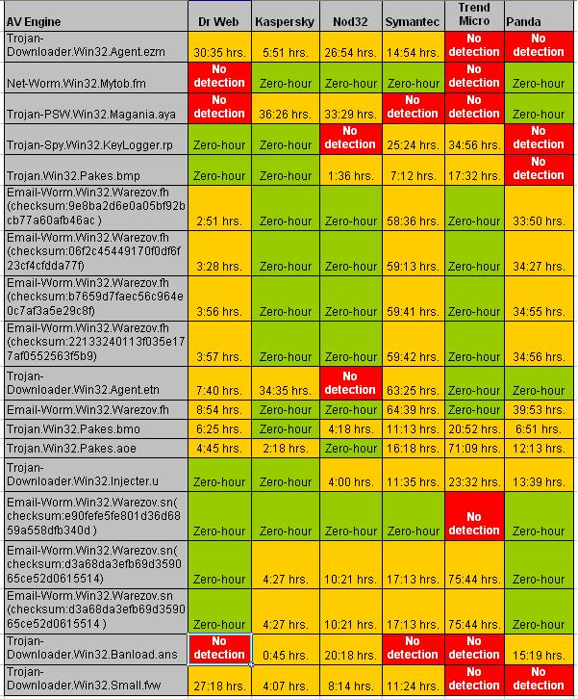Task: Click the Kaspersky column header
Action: pyautogui.click(x=284, y=21)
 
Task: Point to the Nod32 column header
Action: pyautogui.click(x=349, y=21)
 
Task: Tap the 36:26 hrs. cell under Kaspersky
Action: pyautogui.click(x=285, y=115)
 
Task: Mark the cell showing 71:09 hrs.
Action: pyautogui.click(x=474, y=448)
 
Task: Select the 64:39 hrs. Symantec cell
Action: pyautogui.click(x=413, y=409)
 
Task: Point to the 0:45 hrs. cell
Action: pyautogui.click(x=285, y=656)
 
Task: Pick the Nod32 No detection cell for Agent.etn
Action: pyautogui.click(x=349, y=382)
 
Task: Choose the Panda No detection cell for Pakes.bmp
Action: pyautogui.click(x=538, y=168)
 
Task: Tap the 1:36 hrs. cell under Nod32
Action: pyautogui.click(x=349, y=176)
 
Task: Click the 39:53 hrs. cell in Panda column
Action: pyautogui.click(x=538, y=409)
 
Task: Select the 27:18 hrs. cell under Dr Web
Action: pyautogui.click(x=219, y=686)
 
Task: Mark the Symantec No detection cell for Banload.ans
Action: pyautogui.click(x=413, y=648)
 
